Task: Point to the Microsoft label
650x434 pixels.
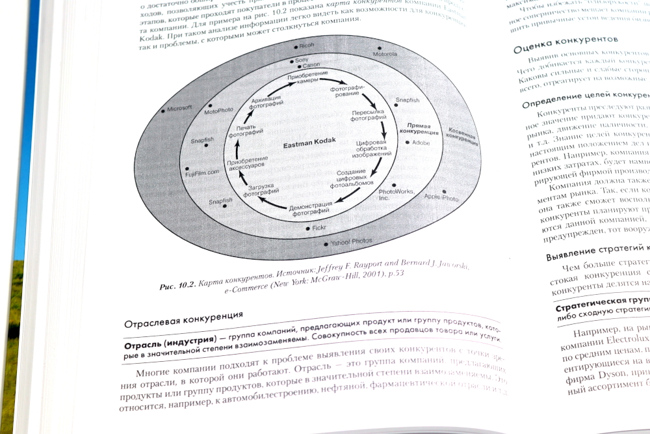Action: (179, 109)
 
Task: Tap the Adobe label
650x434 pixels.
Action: (421, 142)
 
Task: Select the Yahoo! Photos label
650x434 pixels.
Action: (351, 241)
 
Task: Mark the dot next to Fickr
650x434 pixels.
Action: (307, 229)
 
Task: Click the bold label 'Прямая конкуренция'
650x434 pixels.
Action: (424, 128)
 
